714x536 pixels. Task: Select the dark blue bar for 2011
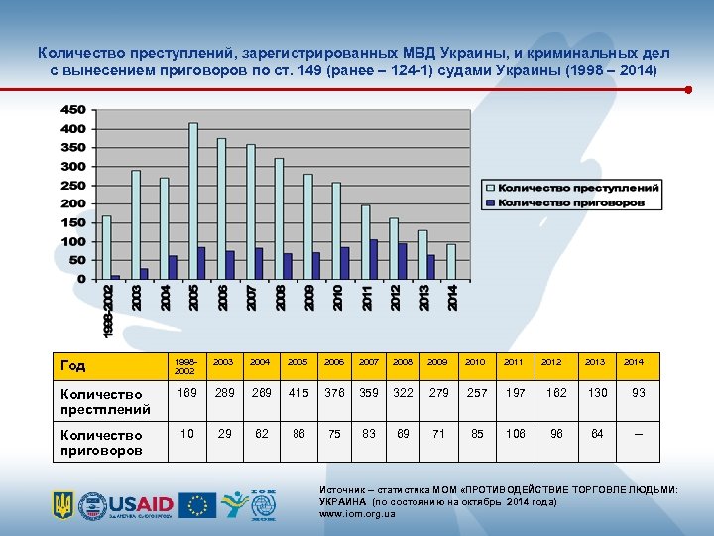tap(374, 259)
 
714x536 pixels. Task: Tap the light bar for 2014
tap(451, 261)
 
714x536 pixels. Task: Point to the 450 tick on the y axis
tap(73, 110)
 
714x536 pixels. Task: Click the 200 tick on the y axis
tap(73, 204)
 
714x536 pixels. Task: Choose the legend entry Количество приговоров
tap(571, 202)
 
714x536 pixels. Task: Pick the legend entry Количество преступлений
tap(577, 188)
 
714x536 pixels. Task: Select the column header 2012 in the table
tap(550, 363)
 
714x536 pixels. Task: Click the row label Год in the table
tap(75, 365)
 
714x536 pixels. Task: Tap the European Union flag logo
tap(197, 504)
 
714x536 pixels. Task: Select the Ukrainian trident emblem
tap(63, 505)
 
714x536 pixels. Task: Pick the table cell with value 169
tap(185, 393)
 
